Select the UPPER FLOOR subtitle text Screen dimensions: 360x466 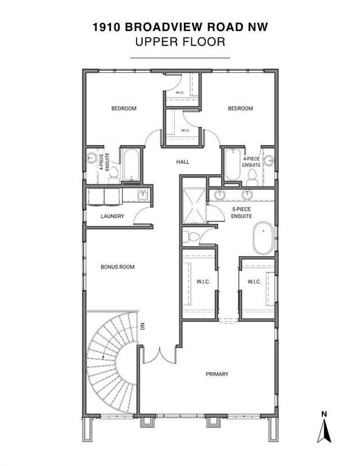[x=180, y=42]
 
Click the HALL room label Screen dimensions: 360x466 [x=183, y=162]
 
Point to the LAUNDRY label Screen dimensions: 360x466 [x=112, y=216]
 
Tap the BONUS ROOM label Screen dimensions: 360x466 [x=117, y=267]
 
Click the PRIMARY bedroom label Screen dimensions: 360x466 [x=217, y=374]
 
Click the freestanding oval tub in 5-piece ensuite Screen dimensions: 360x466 [x=263, y=238]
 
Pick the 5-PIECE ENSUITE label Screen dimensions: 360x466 [x=242, y=212]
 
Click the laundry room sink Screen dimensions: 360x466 [x=143, y=195]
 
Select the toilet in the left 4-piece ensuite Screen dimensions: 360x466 [x=114, y=176]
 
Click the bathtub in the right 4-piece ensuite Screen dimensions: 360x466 [x=233, y=164]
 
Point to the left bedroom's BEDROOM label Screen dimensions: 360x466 [x=124, y=109]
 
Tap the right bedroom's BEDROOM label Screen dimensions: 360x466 [x=240, y=109]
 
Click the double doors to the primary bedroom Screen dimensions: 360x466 [x=160, y=355]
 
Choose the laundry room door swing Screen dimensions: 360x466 [x=142, y=215]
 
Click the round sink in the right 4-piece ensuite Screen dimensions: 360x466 [x=269, y=160]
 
